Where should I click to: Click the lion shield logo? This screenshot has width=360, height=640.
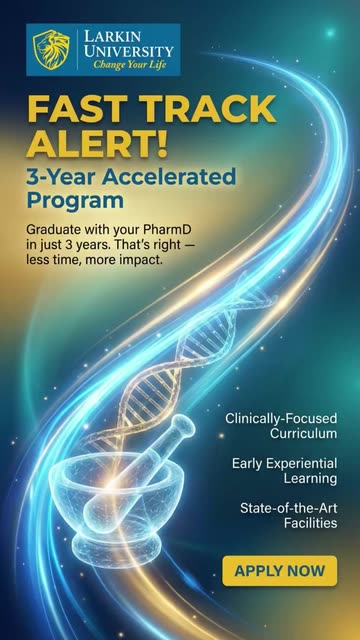tap(51, 49)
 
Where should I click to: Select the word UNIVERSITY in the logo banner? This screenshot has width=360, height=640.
tap(129, 52)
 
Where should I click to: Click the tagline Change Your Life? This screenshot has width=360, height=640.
tap(129, 64)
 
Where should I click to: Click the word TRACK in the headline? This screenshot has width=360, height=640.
tap(207, 109)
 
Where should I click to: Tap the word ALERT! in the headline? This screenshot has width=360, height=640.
tap(97, 144)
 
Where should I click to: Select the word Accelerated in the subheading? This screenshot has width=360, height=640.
tap(169, 177)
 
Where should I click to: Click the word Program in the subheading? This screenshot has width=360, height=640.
tap(75, 201)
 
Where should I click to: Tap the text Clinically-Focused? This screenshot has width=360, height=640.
tap(281, 418)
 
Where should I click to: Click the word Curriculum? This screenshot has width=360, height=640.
tap(303, 433)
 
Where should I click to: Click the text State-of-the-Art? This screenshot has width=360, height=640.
tap(289, 508)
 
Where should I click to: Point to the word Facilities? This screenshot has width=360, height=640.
tap(311, 523)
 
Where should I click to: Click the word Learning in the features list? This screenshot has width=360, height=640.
tap(310, 479)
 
